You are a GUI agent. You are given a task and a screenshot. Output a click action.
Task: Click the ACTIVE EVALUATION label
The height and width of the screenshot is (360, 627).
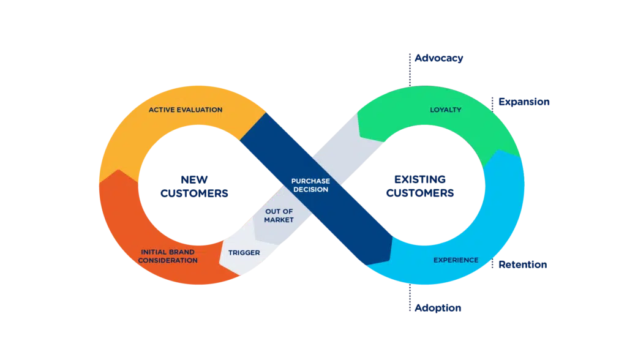[185, 110]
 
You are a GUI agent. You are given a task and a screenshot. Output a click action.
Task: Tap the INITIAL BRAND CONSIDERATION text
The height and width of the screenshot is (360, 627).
[168, 256]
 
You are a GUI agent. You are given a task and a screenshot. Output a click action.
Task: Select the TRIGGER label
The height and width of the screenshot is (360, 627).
[244, 252]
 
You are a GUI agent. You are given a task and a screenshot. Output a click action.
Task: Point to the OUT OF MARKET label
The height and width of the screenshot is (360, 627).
[279, 216]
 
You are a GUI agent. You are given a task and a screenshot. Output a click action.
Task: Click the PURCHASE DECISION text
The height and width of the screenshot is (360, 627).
[310, 186]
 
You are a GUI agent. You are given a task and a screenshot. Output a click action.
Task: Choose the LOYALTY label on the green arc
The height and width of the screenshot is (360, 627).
[445, 110]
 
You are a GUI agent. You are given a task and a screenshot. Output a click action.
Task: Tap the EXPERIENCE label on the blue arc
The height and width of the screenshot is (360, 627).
[456, 260]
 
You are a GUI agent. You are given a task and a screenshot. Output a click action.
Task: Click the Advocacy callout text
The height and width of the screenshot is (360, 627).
[438, 59]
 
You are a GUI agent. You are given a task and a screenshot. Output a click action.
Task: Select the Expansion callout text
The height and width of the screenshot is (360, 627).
[525, 102]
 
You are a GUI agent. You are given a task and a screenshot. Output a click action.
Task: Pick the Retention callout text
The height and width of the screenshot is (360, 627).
[522, 265]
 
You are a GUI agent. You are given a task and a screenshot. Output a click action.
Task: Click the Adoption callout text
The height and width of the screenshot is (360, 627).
[437, 308]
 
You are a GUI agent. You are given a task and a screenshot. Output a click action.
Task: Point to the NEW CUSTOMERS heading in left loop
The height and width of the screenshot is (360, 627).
[195, 186]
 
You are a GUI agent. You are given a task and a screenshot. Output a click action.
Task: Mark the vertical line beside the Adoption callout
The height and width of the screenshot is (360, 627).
[408, 300]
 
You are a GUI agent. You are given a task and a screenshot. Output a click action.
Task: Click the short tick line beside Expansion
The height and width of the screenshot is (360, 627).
[494, 102]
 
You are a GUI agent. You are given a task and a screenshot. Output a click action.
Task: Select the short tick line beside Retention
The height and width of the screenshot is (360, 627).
[494, 264]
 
